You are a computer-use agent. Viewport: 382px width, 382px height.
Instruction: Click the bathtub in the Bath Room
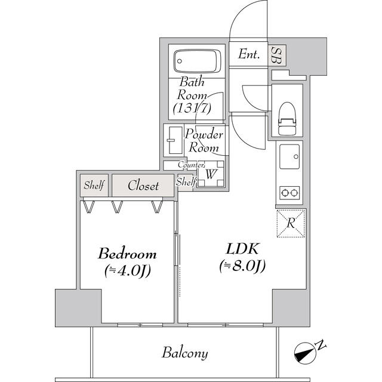(x=196, y=60)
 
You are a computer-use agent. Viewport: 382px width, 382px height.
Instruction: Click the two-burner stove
(x=290, y=193)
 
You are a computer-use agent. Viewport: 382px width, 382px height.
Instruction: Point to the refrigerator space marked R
(x=291, y=224)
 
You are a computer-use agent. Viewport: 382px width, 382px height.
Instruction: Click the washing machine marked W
(x=210, y=175)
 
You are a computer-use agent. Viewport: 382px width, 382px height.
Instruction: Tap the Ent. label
(x=249, y=55)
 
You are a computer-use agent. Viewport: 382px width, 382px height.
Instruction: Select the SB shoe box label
(x=276, y=55)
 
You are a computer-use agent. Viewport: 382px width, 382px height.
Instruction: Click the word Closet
(x=143, y=186)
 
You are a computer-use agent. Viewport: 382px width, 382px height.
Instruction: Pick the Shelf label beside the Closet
(x=94, y=186)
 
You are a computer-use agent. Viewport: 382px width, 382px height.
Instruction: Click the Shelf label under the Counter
(x=186, y=181)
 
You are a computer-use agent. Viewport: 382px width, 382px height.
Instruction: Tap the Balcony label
(x=185, y=353)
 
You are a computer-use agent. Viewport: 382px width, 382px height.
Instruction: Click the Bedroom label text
(x=127, y=253)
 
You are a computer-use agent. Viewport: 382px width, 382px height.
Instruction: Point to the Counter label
(x=192, y=165)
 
